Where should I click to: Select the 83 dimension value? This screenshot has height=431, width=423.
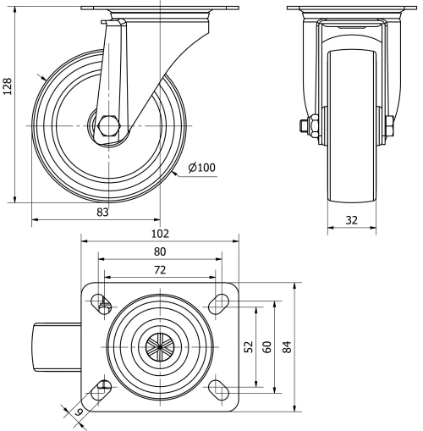[x=102, y=213]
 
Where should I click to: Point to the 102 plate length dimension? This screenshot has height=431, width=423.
[x=160, y=233]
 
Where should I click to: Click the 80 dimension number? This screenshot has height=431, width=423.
[x=160, y=251]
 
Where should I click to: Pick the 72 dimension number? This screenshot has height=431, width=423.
[x=160, y=269]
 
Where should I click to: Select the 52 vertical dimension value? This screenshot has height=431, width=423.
[x=248, y=346]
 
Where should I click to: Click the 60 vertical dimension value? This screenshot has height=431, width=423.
[x=266, y=346]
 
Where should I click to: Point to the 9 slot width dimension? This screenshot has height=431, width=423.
[x=79, y=412]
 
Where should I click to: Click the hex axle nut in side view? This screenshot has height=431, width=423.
[x=111, y=126]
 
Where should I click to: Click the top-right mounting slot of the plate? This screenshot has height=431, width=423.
[x=218, y=303]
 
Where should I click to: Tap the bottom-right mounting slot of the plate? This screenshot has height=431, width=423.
[x=218, y=389]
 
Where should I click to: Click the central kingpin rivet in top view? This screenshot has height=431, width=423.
[x=160, y=345]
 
